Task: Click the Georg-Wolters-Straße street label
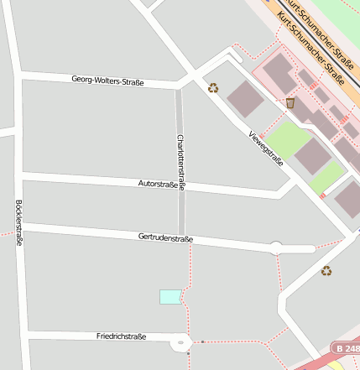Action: tap(107, 81)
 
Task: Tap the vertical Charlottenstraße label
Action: tap(180, 162)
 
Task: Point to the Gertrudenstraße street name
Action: tap(165, 238)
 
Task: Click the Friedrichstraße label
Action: tap(121, 336)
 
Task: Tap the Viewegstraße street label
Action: tap(266, 149)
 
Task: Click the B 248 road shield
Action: tap(345, 347)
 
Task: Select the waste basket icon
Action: tap(290, 102)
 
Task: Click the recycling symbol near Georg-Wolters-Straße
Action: tap(213, 87)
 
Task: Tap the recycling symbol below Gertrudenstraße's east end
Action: tap(326, 270)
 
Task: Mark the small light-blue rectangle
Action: tap(170, 296)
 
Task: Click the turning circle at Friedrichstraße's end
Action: tap(181, 342)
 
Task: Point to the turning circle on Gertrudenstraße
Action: tap(275, 248)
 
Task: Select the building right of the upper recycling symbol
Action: tap(245, 98)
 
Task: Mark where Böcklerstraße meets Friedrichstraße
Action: tap(24, 336)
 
